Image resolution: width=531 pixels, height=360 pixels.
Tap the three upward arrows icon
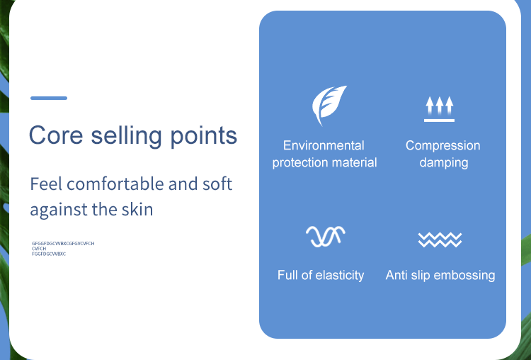click(439, 109)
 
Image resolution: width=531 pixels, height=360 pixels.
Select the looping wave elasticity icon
click(326, 236)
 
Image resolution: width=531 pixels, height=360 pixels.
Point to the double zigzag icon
click(440, 240)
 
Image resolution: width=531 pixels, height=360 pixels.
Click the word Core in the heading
click(56, 135)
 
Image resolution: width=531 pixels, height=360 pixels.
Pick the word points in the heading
click(203, 136)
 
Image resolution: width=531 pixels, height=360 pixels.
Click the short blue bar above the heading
click(49, 98)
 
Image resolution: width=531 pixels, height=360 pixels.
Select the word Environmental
click(324, 145)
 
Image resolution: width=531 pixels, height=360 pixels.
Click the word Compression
click(443, 146)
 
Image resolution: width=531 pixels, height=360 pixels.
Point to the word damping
click(444, 163)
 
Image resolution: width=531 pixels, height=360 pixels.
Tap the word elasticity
click(340, 275)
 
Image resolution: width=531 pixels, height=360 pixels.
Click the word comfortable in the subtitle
click(115, 184)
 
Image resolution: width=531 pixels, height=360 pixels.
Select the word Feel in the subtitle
click(46, 184)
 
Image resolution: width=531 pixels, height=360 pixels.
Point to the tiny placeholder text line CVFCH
click(39, 249)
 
